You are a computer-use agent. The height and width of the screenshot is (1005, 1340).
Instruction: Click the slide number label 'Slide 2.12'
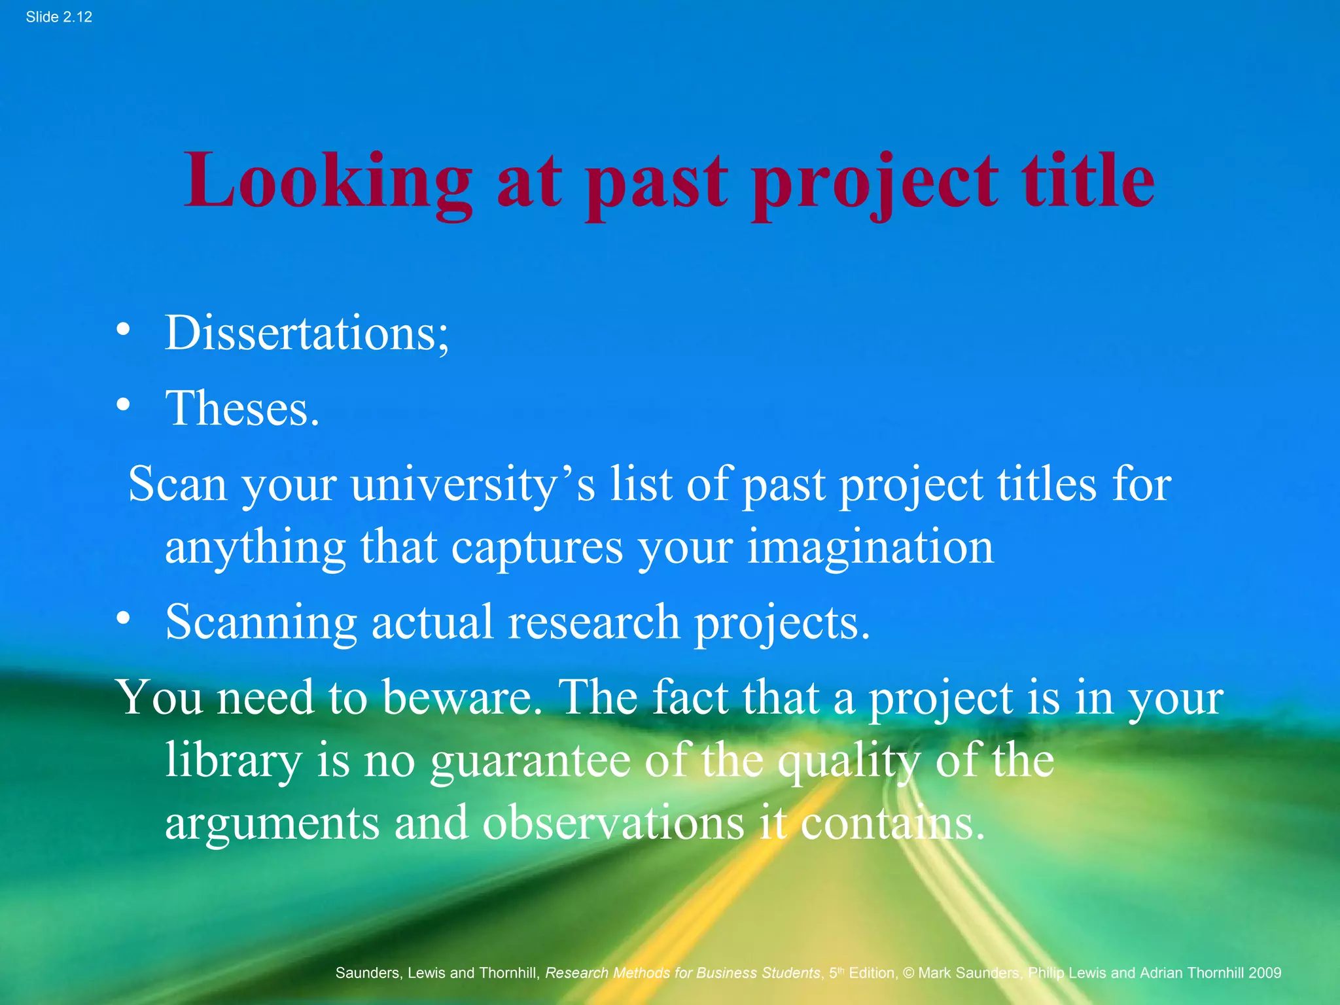[59, 17]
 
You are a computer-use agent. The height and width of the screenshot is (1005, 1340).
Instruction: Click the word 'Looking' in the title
[327, 181]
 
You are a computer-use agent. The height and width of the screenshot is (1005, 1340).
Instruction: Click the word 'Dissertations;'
[307, 333]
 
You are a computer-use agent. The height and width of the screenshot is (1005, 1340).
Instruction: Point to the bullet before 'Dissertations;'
[123, 330]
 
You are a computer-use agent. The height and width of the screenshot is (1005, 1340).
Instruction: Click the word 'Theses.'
[242, 409]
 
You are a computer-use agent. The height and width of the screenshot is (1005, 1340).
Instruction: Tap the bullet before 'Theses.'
[123, 406]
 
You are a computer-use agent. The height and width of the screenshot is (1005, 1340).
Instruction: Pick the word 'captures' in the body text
[537, 548]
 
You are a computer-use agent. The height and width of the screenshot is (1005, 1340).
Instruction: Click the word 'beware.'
[458, 697]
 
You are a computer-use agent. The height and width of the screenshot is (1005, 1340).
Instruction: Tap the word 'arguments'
[272, 824]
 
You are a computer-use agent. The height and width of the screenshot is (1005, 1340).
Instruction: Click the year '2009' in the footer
[1264, 973]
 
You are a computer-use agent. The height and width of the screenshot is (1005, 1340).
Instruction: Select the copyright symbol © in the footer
[908, 973]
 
